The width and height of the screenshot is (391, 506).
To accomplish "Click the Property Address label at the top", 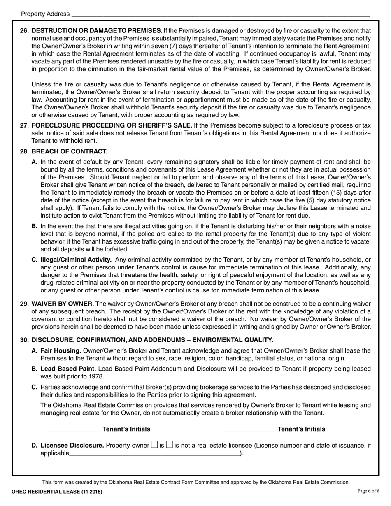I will coord(45,14).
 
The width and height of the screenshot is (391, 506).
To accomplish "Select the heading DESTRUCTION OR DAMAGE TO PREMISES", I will coord(97,31).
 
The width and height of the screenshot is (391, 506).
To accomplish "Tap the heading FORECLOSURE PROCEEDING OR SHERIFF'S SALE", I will coord(112,125).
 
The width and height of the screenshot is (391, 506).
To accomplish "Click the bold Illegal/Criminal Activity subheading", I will coord(76,260).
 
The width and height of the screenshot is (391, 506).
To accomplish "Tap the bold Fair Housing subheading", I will coord(61,350).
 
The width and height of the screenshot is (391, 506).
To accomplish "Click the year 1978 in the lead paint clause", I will coord(97,376).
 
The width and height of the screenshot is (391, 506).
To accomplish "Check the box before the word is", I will coord(154,445).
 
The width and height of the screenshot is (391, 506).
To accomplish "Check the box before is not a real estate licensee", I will coord(169,445).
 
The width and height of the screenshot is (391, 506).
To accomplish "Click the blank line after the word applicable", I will coord(154,454).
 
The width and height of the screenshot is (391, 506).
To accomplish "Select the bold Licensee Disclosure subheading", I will coord(72,445).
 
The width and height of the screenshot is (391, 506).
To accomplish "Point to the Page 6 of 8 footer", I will coord(368,491).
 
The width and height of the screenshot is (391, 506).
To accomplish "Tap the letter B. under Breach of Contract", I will coord(35,226).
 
